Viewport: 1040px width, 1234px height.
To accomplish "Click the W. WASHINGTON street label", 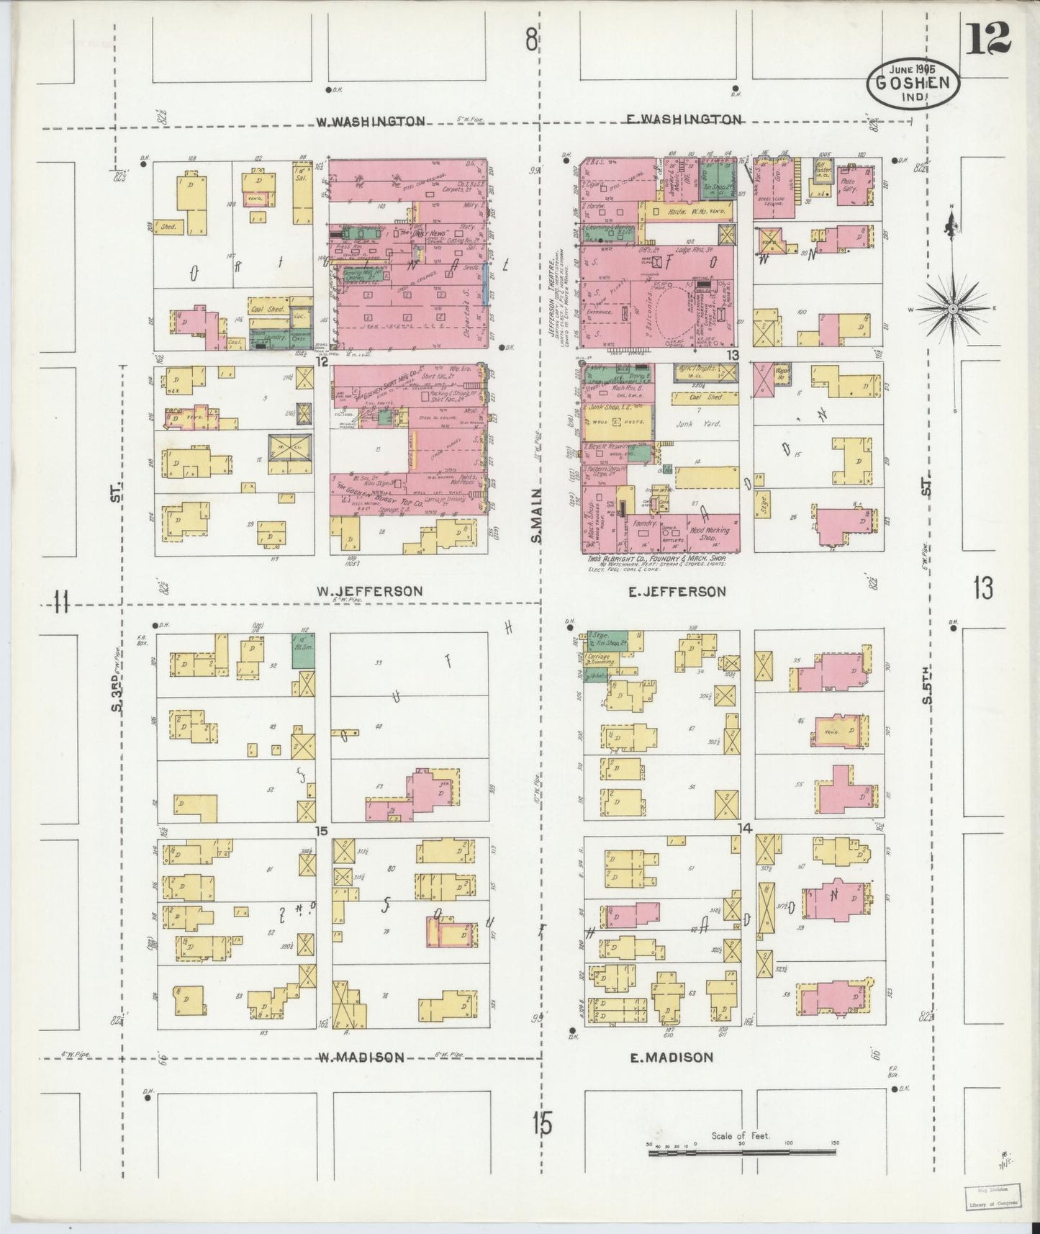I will pyautogui.click(x=370, y=122).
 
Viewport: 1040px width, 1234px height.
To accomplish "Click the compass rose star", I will pyautogui.click(x=953, y=308).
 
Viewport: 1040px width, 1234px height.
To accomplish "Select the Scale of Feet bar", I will pyautogui.click(x=741, y=1153).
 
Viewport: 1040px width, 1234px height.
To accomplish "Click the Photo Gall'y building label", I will pyautogui.click(x=852, y=182).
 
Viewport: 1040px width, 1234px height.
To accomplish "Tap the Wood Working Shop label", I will pyautogui.click(x=709, y=534).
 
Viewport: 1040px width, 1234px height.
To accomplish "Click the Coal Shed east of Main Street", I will pyautogui.click(x=705, y=397).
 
